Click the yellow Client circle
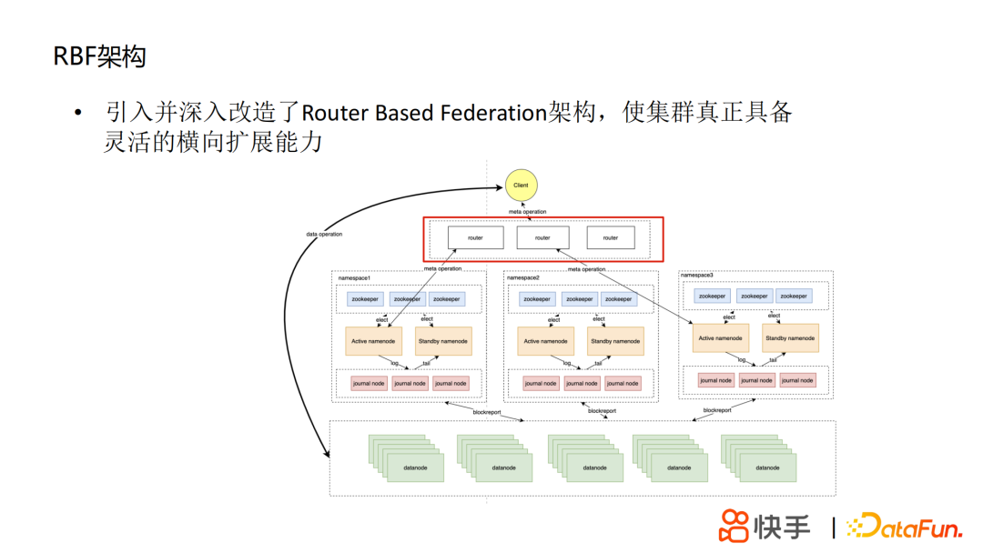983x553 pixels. point(521,186)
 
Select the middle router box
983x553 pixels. point(542,238)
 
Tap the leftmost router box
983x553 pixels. point(475,238)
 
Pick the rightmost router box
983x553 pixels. point(611,238)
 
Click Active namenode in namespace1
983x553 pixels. point(373,341)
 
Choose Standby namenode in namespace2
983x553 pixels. point(614,341)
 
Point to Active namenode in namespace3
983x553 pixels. point(720,338)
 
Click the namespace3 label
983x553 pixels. point(697,275)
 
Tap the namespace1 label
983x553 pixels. point(354,276)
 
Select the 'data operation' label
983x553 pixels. point(324,235)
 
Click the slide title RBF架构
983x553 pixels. point(99,57)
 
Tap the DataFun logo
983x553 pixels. point(904,527)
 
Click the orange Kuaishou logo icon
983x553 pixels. point(734,526)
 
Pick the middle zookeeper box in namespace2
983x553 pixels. point(579,299)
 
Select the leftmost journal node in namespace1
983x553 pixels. point(369,383)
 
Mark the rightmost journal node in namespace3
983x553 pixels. point(796,380)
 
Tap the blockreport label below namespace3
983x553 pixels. point(717,410)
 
